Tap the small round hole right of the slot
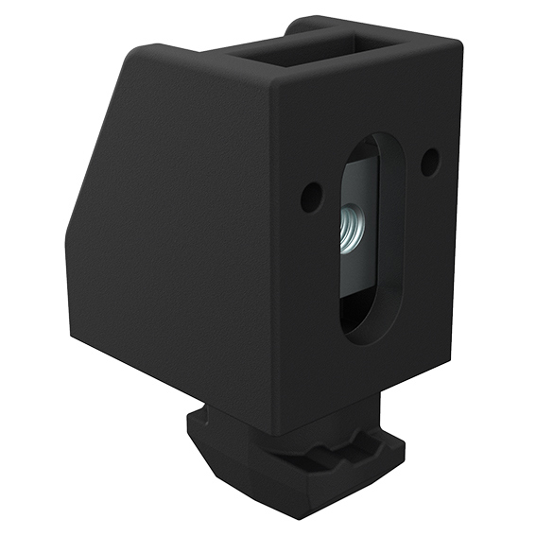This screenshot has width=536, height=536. [x=428, y=162]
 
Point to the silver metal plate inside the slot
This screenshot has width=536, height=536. [x=356, y=227]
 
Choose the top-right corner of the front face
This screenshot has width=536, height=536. [x=460, y=43]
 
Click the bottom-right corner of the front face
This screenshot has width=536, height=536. [x=444, y=364]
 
